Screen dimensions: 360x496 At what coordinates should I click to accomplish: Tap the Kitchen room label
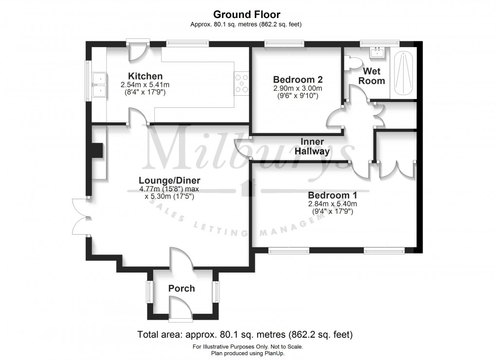pyautogui.click(x=145, y=76)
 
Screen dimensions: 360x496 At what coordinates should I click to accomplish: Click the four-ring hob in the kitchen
pyautogui.click(x=242, y=83)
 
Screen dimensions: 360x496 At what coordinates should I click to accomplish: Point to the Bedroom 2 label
pyautogui.click(x=298, y=80)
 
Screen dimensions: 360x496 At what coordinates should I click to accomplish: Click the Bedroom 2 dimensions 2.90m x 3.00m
pyautogui.click(x=298, y=88)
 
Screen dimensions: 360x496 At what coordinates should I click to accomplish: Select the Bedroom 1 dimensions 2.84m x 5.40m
pyautogui.click(x=332, y=204)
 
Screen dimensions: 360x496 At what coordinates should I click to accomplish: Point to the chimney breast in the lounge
pyautogui.click(x=98, y=151)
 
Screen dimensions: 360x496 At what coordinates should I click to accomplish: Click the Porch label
pyautogui.click(x=181, y=289)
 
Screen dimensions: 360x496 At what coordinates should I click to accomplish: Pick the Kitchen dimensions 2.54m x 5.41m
pyautogui.click(x=145, y=85)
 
